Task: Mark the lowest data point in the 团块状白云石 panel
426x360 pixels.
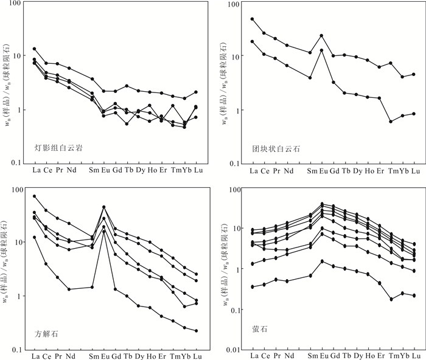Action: (x=391, y=121)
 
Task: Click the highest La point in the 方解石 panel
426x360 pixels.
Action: (x=35, y=196)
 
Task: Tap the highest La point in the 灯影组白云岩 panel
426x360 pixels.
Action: (x=35, y=49)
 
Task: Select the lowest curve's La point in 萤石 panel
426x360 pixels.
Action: (x=253, y=286)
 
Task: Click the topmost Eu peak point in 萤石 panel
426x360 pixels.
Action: (x=322, y=204)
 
